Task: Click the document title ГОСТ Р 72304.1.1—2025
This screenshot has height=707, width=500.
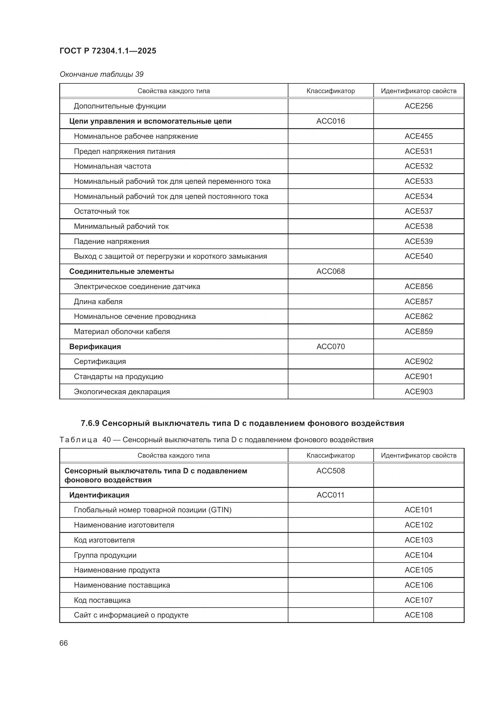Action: click(x=108, y=51)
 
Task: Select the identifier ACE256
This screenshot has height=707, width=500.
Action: click(x=418, y=106)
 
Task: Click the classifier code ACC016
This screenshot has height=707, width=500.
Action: click(x=330, y=121)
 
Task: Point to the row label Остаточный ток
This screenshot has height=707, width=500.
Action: click(x=101, y=211)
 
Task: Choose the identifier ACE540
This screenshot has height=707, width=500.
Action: click(x=418, y=256)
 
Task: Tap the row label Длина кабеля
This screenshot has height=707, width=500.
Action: click(x=98, y=301)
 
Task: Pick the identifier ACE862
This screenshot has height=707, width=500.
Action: click(x=418, y=316)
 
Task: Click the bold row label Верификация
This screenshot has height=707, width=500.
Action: click(x=95, y=346)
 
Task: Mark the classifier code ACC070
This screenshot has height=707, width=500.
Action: click(x=330, y=346)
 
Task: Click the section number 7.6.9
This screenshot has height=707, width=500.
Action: click(x=90, y=423)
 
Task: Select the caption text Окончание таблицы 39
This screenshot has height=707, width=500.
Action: click(x=101, y=74)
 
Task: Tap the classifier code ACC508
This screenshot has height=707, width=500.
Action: click(x=330, y=471)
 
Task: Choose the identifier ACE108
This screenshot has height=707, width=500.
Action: click(x=418, y=615)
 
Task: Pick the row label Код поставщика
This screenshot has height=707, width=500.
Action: click(x=102, y=600)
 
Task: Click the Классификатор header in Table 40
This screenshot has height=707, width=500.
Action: click(x=330, y=456)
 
